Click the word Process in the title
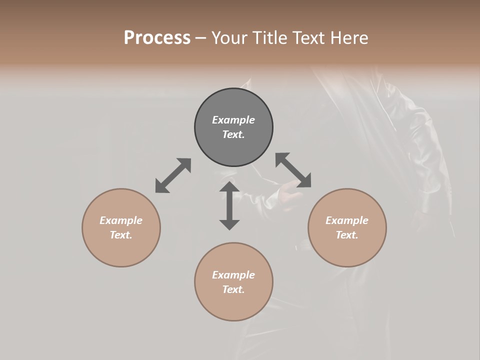(x=157, y=38)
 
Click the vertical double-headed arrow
(x=229, y=205)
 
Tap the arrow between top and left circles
(x=173, y=175)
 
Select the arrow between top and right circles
(x=293, y=170)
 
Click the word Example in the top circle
(x=233, y=120)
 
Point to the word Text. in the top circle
(x=233, y=134)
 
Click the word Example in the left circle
(x=121, y=220)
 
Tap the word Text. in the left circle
(x=121, y=235)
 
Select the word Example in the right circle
(x=347, y=220)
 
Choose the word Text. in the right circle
(x=347, y=235)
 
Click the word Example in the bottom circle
(x=233, y=275)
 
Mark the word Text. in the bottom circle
(x=233, y=289)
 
